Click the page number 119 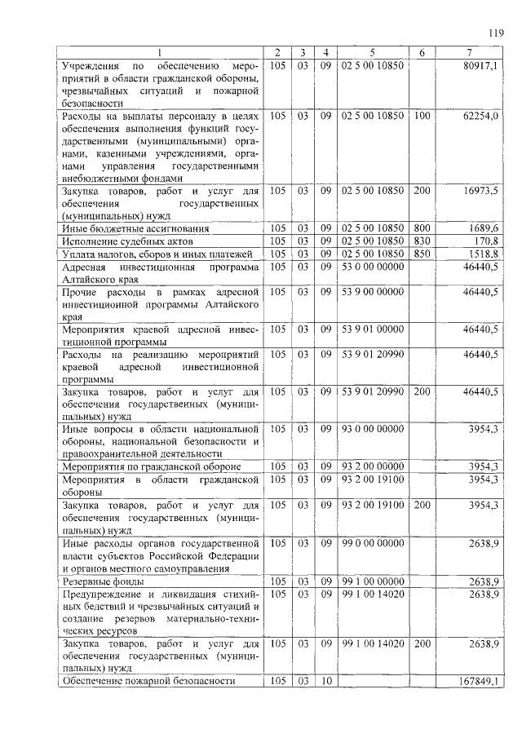tap(494, 33)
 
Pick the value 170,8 tap(487, 241)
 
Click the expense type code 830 tap(422, 241)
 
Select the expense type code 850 tap(422, 254)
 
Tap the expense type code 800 tap(422, 228)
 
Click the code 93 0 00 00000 tap(373, 428)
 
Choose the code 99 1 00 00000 tap(373, 582)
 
